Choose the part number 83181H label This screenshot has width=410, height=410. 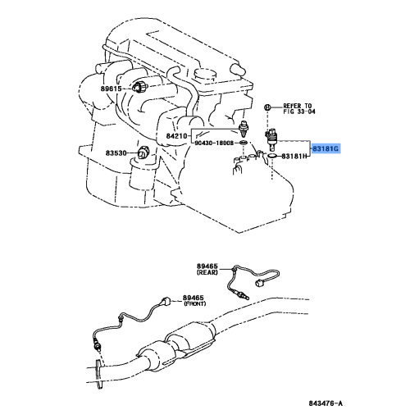(293, 156)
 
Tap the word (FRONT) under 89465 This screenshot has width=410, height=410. (194, 303)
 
